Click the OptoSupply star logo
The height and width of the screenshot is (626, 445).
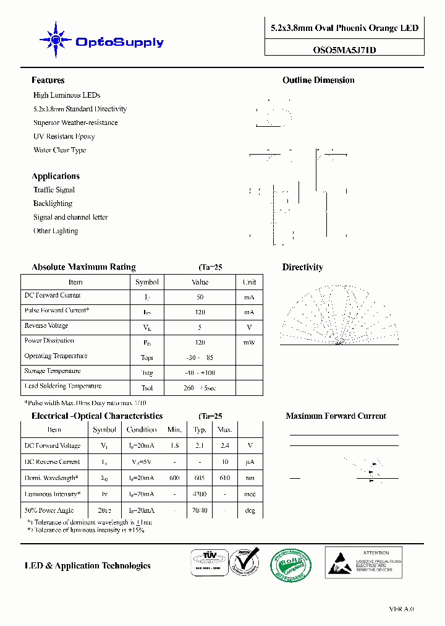pyautogui.click(x=56, y=40)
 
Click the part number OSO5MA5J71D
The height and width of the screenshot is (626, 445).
pyautogui.click(x=345, y=51)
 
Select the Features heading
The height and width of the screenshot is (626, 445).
pyautogui.click(x=48, y=80)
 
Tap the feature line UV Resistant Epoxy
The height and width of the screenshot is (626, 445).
pyautogui.click(x=64, y=136)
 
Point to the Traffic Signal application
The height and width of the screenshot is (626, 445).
pyautogui.click(x=54, y=190)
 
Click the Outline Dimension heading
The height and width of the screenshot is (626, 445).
pyautogui.click(x=318, y=80)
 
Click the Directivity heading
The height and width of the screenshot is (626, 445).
pyautogui.click(x=302, y=267)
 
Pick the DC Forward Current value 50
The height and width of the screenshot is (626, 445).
pyautogui.click(x=200, y=297)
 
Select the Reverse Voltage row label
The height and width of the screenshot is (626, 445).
pyautogui.click(x=46, y=326)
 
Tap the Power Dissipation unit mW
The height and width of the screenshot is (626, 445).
pyautogui.click(x=249, y=342)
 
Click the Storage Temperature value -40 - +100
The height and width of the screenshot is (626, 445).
pyautogui.click(x=200, y=373)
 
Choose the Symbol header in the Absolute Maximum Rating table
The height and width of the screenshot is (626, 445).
pyautogui.click(x=146, y=282)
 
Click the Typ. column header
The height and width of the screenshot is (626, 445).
pyautogui.click(x=200, y=429)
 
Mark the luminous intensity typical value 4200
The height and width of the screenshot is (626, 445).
pyautogui.click(x=200, y=494)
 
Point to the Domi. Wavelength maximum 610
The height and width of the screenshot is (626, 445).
pyautogui.click(x=224, y=478)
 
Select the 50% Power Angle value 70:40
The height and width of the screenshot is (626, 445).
pyautogui.click(x=200, y=510)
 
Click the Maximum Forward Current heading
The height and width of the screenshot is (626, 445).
pyautogui.click(x=336, y=416)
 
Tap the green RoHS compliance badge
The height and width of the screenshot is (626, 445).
pyautogui.click(x=290, y=565)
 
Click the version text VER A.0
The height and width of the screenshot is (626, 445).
pyautogui.click(x=401, y=609)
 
